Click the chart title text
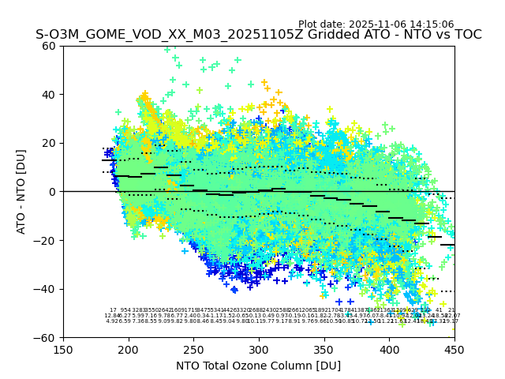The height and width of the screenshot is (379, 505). [x=258, y=35]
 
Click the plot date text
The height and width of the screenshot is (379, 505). [x=376, y=24]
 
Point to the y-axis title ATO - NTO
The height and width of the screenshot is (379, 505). [x=22, y=191]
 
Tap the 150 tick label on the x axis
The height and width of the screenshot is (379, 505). [x=63, y=349]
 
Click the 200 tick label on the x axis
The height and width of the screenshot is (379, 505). [x=129, y=349]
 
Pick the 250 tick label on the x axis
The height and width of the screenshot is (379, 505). [x=193, y=349]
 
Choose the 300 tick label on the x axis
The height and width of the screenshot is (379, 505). [x=259, y=349]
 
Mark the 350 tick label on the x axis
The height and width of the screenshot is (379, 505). [x=324, y=349]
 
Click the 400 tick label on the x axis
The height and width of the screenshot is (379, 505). [x=389, y=349]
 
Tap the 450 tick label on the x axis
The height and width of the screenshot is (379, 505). [x=454, y=349]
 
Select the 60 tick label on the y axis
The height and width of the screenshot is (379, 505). [x=50, y=46]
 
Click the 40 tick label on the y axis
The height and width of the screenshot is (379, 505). [x=50, y=95]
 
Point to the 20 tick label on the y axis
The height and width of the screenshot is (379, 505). [x=50, y=143]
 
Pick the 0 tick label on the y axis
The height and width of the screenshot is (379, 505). [x=53, y=192]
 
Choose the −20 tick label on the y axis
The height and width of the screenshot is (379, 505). [x=46, y=240]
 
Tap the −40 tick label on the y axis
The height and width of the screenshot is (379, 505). [x=46, y=289]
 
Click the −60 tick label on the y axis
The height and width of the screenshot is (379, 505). [x=46, y=337]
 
